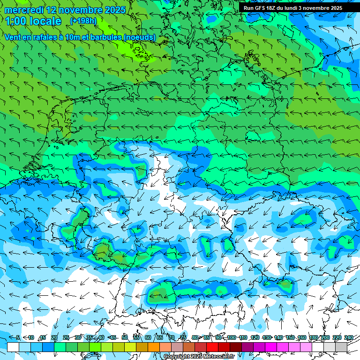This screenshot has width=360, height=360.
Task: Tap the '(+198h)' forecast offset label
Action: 83,21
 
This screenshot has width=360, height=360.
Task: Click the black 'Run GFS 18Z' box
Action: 293,8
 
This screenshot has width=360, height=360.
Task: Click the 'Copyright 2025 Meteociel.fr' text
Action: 200,356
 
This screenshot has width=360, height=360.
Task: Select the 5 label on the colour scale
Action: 18,338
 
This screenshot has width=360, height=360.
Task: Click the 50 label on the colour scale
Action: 125,338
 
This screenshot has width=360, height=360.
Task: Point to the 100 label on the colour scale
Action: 231,338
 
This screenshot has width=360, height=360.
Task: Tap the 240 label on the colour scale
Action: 349,338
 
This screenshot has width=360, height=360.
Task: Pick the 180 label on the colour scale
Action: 313,338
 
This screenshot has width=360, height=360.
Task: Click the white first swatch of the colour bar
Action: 13,347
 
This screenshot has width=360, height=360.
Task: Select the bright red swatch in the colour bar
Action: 212,347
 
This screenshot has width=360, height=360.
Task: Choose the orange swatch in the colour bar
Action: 154,347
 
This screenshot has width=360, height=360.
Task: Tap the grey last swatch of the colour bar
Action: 341,347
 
